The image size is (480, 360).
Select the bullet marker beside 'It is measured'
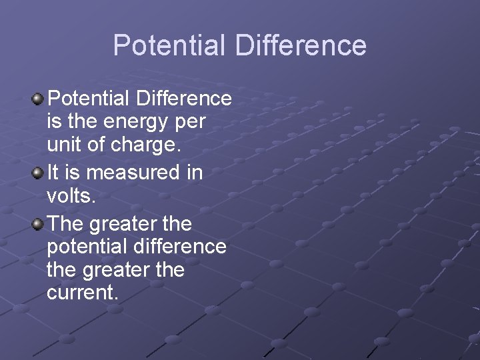tap(38, 173)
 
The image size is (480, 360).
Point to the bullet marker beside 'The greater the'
tap(38, 223)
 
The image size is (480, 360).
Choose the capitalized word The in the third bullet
tap(65, 222)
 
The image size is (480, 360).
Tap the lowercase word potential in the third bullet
tap(84, 247)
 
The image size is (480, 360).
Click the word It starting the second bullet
tap(53, 173)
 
